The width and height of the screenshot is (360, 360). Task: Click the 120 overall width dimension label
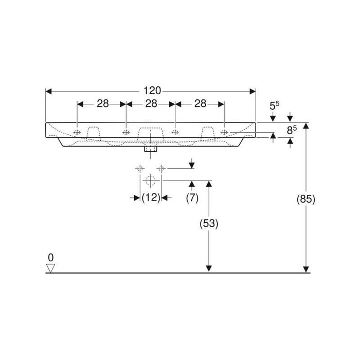pyautogui.click(x=152, y=91)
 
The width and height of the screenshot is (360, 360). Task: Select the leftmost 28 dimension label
pyautogui.click(x=103, y=104)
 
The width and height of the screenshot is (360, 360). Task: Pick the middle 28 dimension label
pyautogui.click(x=151, y=104)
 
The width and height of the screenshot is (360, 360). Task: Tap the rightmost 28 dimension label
pyautogui.click(x=200, y=104)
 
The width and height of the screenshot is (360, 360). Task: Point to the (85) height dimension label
pyautogui.click(x=306, y=199)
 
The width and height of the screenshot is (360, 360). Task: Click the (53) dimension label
pyautogui.click(x=209, y=223)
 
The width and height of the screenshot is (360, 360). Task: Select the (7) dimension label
pyautogui.click(x=192, y=198)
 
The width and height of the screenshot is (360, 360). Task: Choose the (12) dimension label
pyautogui.click(x=151, y=197)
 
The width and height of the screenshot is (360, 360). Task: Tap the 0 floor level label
pyautogui.click(x=51, y=258)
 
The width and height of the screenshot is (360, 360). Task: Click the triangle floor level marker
pyautogui.click(x=50, y=268)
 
